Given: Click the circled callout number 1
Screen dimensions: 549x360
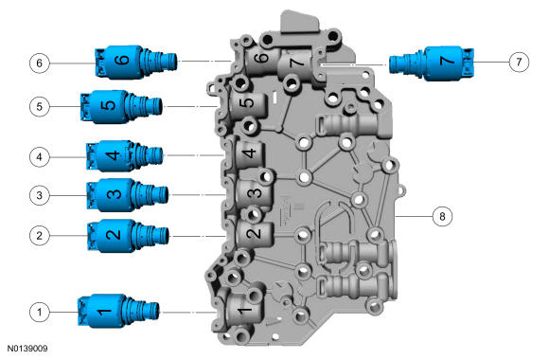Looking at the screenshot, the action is pos(39,312).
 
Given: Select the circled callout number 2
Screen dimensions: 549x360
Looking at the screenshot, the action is pos(39,235).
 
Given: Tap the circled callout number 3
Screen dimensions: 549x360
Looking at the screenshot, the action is pos(39,195).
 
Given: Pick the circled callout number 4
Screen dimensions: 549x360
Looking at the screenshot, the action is pos(39,156).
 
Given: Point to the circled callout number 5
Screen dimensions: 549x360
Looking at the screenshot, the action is pos(39,106).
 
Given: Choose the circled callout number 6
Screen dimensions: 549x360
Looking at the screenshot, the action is pos(39,63).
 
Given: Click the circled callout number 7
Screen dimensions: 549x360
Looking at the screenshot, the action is pos(519,62).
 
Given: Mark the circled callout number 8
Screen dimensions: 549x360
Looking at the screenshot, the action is pos(442,216).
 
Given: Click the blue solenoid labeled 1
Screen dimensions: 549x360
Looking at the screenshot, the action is pos(118,312).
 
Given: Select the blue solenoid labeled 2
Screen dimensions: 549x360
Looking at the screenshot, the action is pos(128,236).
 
